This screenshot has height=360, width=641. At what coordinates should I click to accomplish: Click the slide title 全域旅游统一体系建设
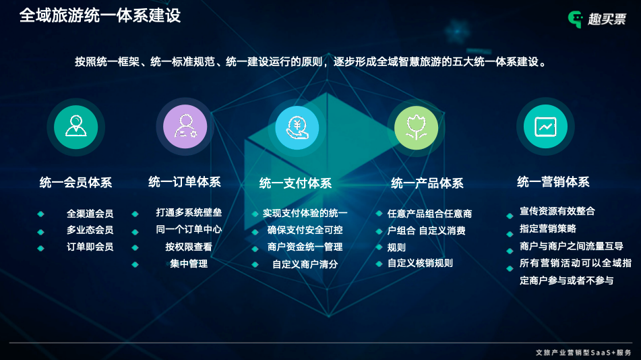100,16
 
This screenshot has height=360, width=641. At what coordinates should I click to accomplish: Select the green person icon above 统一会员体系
76,127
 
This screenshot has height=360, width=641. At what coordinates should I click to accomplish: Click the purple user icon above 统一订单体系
185,127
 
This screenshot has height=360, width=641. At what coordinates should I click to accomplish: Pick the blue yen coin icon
297,127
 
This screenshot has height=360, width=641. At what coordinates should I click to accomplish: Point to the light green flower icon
416,127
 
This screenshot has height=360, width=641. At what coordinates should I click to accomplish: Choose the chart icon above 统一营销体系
545,127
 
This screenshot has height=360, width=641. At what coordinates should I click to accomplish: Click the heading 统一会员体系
75,183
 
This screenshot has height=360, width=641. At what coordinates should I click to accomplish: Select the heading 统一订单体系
185,181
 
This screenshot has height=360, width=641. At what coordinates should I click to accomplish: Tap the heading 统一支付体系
296,183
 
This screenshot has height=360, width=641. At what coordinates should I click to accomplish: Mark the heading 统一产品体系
427,183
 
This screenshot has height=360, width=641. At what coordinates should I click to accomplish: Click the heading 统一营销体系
553,181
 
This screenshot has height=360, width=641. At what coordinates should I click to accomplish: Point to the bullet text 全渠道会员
90,214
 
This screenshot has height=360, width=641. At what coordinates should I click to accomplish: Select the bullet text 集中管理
189,264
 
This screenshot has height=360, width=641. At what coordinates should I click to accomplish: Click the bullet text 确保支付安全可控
305,230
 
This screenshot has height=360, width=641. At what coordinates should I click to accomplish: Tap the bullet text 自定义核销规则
420,263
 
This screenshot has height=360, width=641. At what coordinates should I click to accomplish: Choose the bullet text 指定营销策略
548,229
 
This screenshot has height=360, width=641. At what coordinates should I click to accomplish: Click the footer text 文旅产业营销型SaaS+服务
584,353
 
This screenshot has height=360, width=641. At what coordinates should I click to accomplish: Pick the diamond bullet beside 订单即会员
40,248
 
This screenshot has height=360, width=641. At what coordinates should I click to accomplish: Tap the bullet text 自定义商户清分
305,264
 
